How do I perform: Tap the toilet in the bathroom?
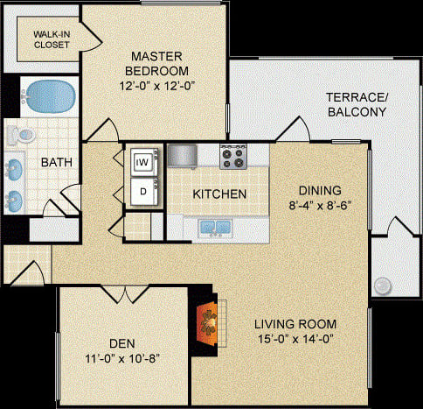point(19,136)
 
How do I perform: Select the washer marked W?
point(142,161)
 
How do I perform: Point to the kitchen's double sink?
point(215,228)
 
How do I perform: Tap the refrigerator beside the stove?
point(183,156)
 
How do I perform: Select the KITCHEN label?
point(218,194)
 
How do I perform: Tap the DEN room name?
point(122,343)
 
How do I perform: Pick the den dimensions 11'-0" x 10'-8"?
point(122,358)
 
